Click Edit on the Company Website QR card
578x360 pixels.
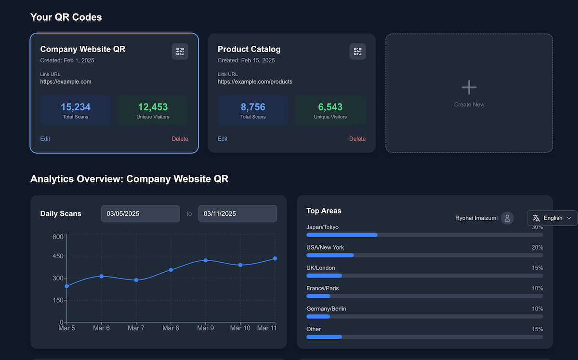click(x=45, y=139)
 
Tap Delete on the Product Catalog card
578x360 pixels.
click(x=357, y=139)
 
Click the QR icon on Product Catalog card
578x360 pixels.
click(x=357, y=52)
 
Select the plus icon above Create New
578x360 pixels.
click(x=469, y=87)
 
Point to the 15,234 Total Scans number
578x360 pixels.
click(x=76, y=107)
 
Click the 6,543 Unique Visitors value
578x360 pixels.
click(x=330, y=107)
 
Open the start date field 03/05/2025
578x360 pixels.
click(x=140, y=213)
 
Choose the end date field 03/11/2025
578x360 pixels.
click(x=237, y=213)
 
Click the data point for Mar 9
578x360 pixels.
click(x=206, y=260)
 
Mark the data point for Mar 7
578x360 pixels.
click(x=136, y=280)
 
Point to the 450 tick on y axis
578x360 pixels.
click(x=58, y=256)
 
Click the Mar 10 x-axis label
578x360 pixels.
click(x=240, y=328)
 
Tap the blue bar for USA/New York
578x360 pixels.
click(x=330, y=255)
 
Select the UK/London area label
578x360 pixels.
click(x=320, y=268)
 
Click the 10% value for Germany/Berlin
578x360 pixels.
click(x=537, y=309)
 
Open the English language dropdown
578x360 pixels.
click(x=552, y=218)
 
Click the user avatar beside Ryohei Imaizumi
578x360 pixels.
click(x=507, y=218)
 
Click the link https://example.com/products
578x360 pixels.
click(x=255, y=82)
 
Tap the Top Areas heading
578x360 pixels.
click(x=324, y=211)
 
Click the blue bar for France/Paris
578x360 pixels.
click(x=318, y=296)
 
